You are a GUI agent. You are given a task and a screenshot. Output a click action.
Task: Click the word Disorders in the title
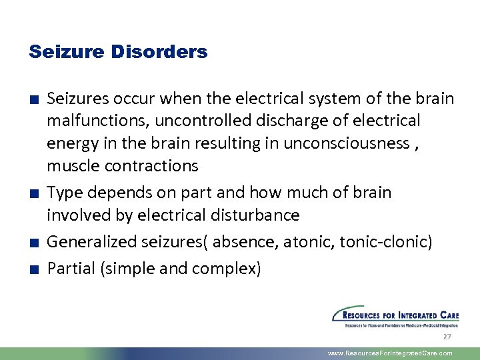click(x=166, y=51)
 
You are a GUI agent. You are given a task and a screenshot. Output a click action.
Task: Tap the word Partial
click(x=73, y=269)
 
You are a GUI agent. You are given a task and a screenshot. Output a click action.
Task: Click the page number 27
click(x=447, y=337)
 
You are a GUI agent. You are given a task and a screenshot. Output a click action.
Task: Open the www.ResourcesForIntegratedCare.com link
click(x=390, y=353)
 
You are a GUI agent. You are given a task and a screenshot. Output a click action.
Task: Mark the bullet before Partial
click(x=33, y=270)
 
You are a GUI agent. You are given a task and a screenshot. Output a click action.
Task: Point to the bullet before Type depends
click(x=33, y=194)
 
